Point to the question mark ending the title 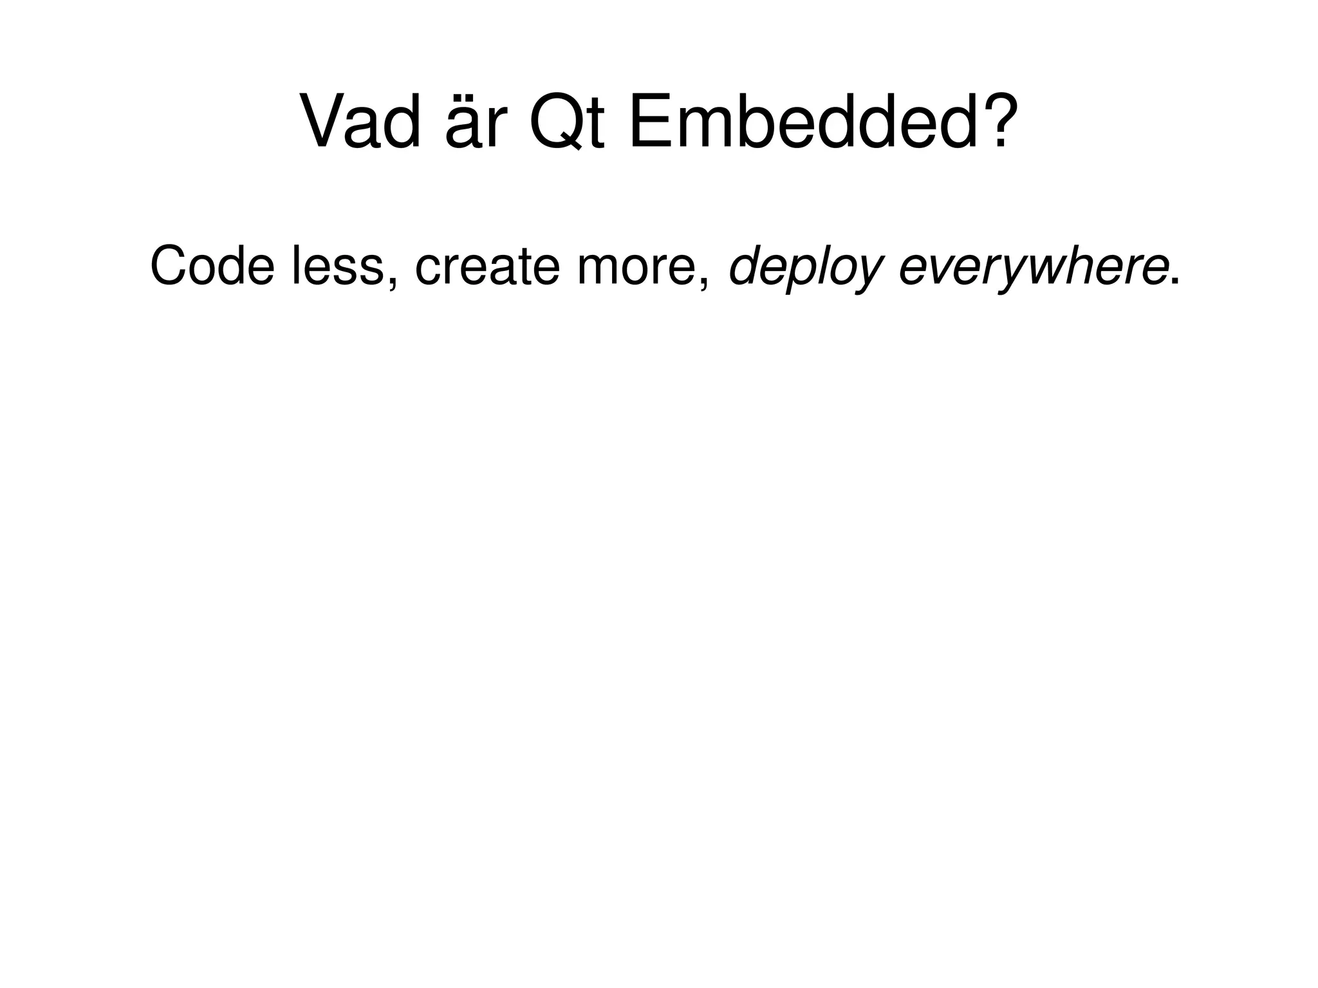992,120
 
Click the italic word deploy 804,268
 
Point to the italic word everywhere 1032,268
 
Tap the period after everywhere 1175,282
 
